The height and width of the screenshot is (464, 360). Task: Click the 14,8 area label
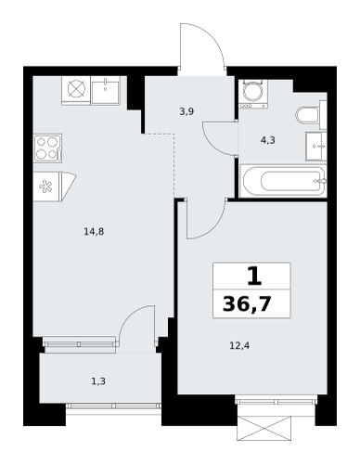pos(94,231)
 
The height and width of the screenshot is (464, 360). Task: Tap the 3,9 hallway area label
pos(186,111)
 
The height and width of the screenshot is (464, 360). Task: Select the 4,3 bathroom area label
pos(268,140)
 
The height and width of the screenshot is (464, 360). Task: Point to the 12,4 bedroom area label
pos(239,345)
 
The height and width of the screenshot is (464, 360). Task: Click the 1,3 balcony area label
pos(98,381)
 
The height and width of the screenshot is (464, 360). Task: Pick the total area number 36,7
pos(247,304)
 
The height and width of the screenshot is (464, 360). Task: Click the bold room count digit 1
pos(254,277)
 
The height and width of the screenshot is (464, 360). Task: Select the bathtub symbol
pos(283,181)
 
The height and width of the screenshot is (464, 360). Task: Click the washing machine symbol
pos(253,94)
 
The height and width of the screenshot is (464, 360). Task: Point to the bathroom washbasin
pos(316,146)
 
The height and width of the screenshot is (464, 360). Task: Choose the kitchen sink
pos(105,90)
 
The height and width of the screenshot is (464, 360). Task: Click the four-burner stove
pos(47,148)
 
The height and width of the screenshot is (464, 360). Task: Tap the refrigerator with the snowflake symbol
pos(55,187)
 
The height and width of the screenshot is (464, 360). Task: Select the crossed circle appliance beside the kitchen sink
pos(76,90)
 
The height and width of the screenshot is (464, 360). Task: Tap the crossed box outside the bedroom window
pos(264,428)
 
